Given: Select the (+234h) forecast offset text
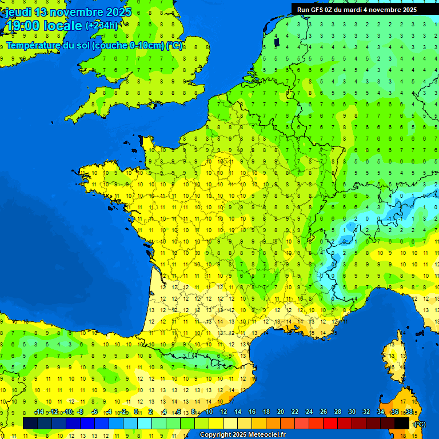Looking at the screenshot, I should (102, 26).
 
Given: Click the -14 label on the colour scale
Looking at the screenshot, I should (39, 412).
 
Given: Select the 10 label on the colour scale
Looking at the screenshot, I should (209, 412).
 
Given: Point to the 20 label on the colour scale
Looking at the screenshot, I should (280, 412).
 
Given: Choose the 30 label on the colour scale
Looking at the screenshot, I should (352, 412).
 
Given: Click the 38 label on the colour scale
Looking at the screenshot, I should (408, 412).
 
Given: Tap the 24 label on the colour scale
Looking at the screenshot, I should (309, 412).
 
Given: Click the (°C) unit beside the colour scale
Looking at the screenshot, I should (419, 424).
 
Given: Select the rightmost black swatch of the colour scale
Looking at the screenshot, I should (402, 423).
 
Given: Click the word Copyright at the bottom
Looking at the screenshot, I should (215, 435).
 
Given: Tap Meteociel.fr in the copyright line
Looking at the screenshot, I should (266, 435).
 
